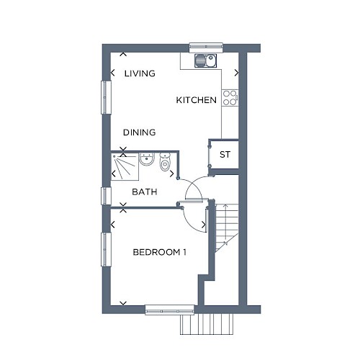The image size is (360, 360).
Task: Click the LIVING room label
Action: click(140, 73)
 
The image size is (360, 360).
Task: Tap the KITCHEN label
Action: click(197, 100)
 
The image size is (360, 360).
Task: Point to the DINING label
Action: click(140, 132)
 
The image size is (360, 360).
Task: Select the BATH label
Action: click(145, 192)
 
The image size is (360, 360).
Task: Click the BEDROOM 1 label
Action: click(160, 252)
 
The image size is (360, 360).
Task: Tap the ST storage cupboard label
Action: click(225, 155)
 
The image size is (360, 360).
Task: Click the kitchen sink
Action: click(206, 60)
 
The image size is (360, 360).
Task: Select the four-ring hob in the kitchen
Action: click(230, 98)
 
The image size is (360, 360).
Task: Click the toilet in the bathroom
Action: click(165, 162)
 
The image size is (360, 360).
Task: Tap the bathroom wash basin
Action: click(147, 159)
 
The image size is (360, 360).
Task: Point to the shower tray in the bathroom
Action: click(125, 167)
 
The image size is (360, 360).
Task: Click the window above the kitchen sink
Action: click(206, 48)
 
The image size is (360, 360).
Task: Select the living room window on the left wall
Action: click(106, 97)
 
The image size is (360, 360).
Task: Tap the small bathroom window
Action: click(106, 196)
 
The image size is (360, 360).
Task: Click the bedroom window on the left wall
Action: click(106, 249)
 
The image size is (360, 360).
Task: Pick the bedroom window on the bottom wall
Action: click(169, 310)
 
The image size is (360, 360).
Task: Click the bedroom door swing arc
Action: click(189, 225)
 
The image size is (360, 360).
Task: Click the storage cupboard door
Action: click(210, 155)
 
